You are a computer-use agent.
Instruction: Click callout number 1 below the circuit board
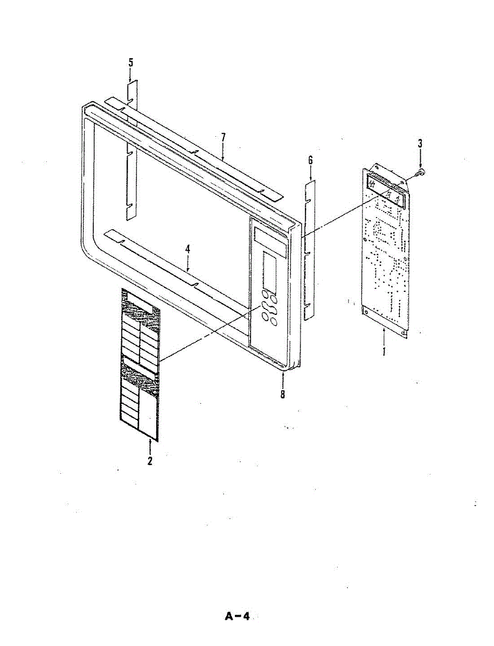click(384, 350)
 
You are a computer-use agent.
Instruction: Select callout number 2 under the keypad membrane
click(150, 461)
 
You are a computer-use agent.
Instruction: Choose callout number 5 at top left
click(130, 62)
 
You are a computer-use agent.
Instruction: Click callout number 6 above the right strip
click(310, 160)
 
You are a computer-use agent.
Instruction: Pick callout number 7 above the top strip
click(222, 138)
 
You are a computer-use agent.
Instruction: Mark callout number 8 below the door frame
click(282, 394)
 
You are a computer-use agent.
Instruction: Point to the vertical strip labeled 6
click(309, 250)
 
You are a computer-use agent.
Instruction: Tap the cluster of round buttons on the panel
click(268, 307)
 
